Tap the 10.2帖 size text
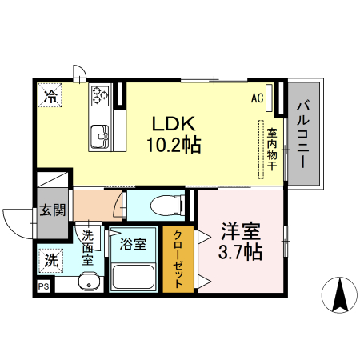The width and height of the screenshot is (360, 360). point(172,146)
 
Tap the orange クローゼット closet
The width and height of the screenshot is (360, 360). point(174,261)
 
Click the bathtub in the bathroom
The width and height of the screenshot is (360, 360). point(134,276)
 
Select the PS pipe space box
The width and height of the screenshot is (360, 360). point(42,286)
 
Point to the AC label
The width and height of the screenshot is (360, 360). point(258,98)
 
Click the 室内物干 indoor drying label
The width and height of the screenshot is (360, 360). point(272,150)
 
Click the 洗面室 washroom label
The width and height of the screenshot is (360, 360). point(88,247)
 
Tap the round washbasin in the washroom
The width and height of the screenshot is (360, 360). point(88,282)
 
